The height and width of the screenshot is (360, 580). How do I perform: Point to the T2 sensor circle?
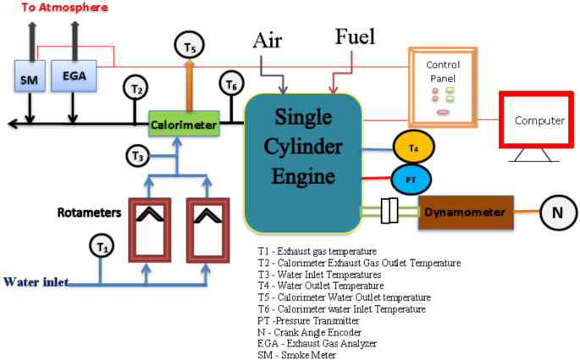pyautogui.click(x=138, y=87)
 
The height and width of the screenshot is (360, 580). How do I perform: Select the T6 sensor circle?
pyautogui.click(x=231, y=84)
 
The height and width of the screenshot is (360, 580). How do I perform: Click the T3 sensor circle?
pyautogui.click(x=139, y=156)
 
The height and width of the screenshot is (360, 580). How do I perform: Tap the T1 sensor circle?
pyautogui.click(x=102, y=246)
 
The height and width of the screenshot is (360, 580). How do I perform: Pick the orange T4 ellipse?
pyautogui.click(x=413, y=148)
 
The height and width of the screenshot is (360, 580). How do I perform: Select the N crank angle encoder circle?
pyautogui.click(x=557, y=212)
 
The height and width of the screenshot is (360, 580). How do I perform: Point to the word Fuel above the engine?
pyautogui.click(x=354, y=36)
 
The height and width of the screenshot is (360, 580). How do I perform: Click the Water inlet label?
pyautogui.click(x=36, y=282)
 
